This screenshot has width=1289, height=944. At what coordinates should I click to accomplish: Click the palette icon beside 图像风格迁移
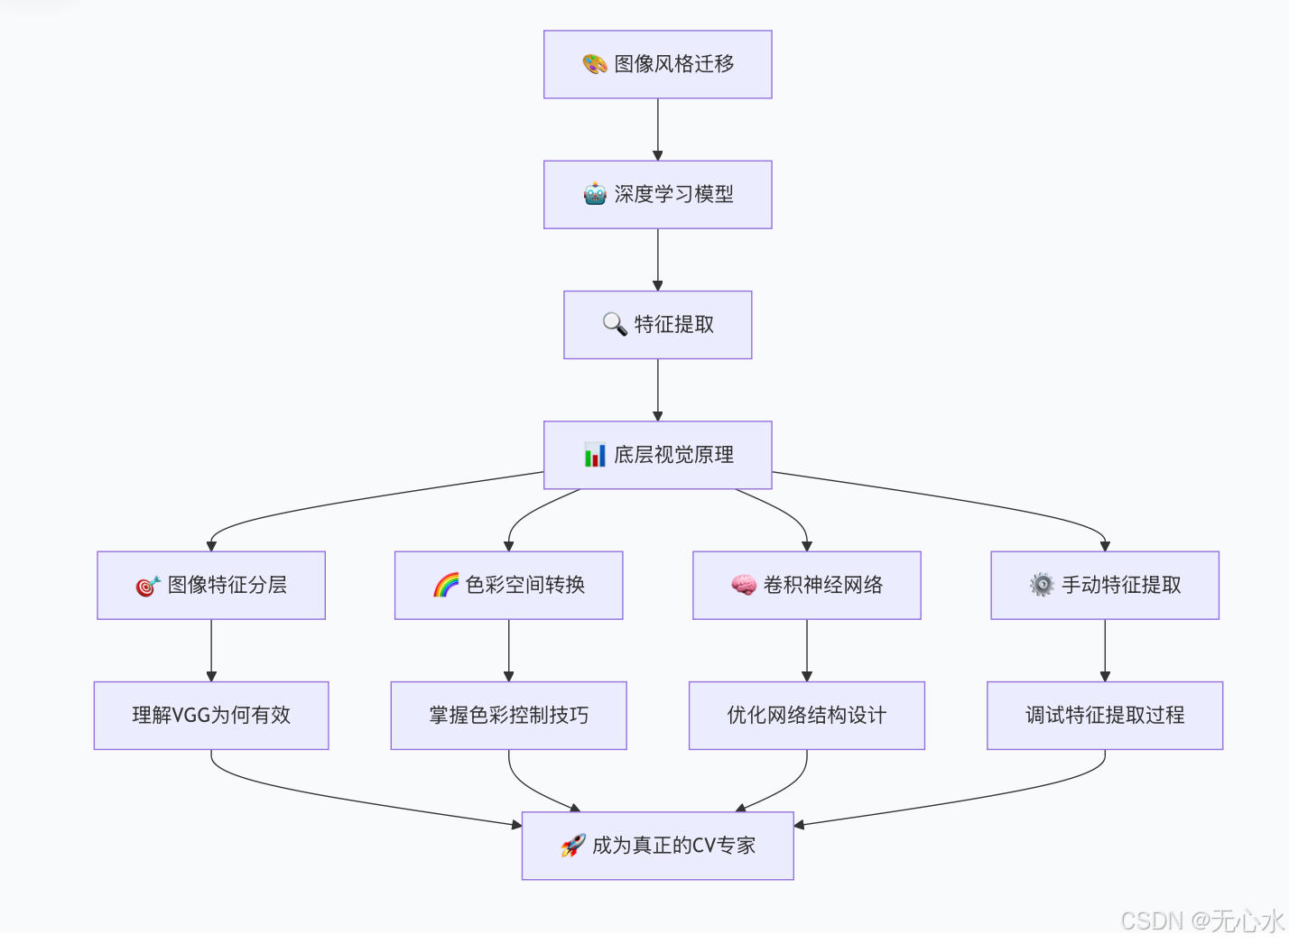[x=594, y=64]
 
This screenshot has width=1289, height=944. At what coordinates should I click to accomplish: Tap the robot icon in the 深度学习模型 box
[x=595, y=194]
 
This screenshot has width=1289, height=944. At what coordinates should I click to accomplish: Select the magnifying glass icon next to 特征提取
[x=615, y=324]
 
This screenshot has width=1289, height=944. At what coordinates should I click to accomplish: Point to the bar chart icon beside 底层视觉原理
[x=595, y=455]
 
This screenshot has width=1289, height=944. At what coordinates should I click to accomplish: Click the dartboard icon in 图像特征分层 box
[x=148, y=586]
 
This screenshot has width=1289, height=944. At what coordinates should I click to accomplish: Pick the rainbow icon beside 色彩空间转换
[x=446, y=585]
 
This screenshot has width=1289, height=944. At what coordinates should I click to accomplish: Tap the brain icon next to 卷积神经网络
[x=744, y=585]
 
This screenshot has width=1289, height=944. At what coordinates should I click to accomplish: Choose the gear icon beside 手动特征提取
[x=1042, y=585]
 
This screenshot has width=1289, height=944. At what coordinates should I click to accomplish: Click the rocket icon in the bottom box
[x=573, y=846]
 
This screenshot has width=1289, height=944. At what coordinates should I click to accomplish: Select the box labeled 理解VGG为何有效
[x=211, y=716]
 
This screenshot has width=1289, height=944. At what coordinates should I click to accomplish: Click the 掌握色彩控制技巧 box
[x=509, y=716]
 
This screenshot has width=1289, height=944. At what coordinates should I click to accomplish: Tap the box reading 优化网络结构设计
[x=807, y=716]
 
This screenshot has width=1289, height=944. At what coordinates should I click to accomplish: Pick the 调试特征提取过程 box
[x=1105, y=716]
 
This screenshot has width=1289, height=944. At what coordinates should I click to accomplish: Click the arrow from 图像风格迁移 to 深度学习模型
[x=658, y=129]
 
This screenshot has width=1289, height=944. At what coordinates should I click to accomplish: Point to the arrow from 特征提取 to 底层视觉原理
[x=658, y=390]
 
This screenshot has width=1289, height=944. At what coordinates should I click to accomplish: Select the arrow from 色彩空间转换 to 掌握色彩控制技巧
[x=509, y=650]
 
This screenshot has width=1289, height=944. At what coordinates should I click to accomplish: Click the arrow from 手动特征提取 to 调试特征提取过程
[x=1105, y=650]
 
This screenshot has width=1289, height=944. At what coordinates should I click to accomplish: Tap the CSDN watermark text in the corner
[x=1201, y=921]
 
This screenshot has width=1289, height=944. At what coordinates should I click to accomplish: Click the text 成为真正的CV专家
[x=673, y=846]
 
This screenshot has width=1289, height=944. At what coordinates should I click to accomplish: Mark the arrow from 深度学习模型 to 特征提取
[x=658, y=260]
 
